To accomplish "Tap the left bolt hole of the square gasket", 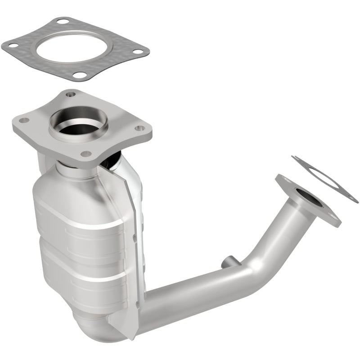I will click(x=10, y=45).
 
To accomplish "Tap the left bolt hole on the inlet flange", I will click(x=23, y=120).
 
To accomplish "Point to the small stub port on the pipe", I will click(x=227, y=261).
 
